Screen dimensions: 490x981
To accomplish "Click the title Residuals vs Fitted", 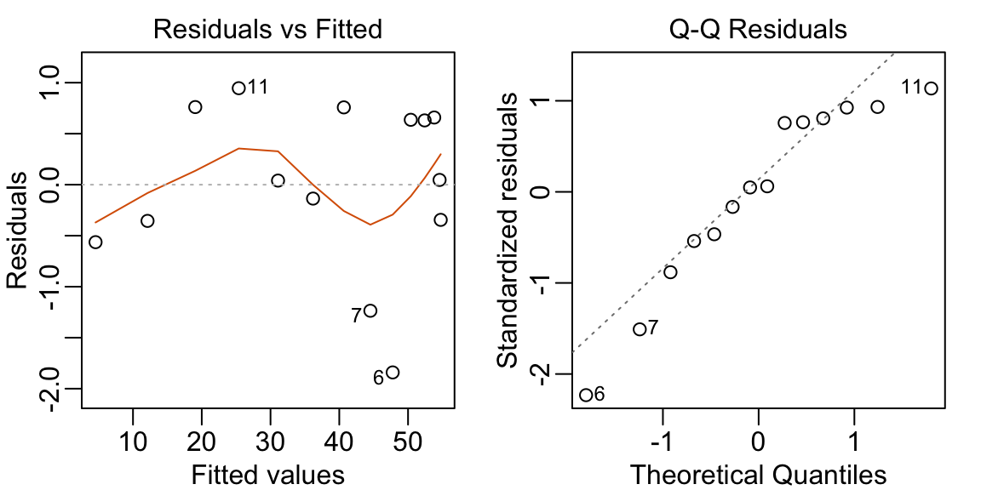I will point(267,30).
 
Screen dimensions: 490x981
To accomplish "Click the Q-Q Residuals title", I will point(757,30).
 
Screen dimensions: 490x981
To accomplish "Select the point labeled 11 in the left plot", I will point(238,88).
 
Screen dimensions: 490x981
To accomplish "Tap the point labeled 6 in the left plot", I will point(393,372).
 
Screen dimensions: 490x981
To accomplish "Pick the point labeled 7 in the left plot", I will point(370,311).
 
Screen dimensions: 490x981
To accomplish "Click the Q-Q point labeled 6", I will point(586,395).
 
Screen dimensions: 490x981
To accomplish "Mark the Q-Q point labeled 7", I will point(640,329).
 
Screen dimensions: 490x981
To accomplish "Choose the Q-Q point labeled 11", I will point(931,88).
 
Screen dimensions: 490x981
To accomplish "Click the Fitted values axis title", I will point(268,473).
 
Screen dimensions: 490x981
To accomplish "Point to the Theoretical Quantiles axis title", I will point(757,473).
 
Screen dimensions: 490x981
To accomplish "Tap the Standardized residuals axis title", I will point(508,230).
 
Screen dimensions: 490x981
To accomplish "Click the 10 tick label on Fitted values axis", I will point(133,442).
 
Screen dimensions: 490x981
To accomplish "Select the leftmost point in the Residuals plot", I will point(95,242).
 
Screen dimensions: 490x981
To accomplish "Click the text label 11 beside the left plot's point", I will point(258,88).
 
